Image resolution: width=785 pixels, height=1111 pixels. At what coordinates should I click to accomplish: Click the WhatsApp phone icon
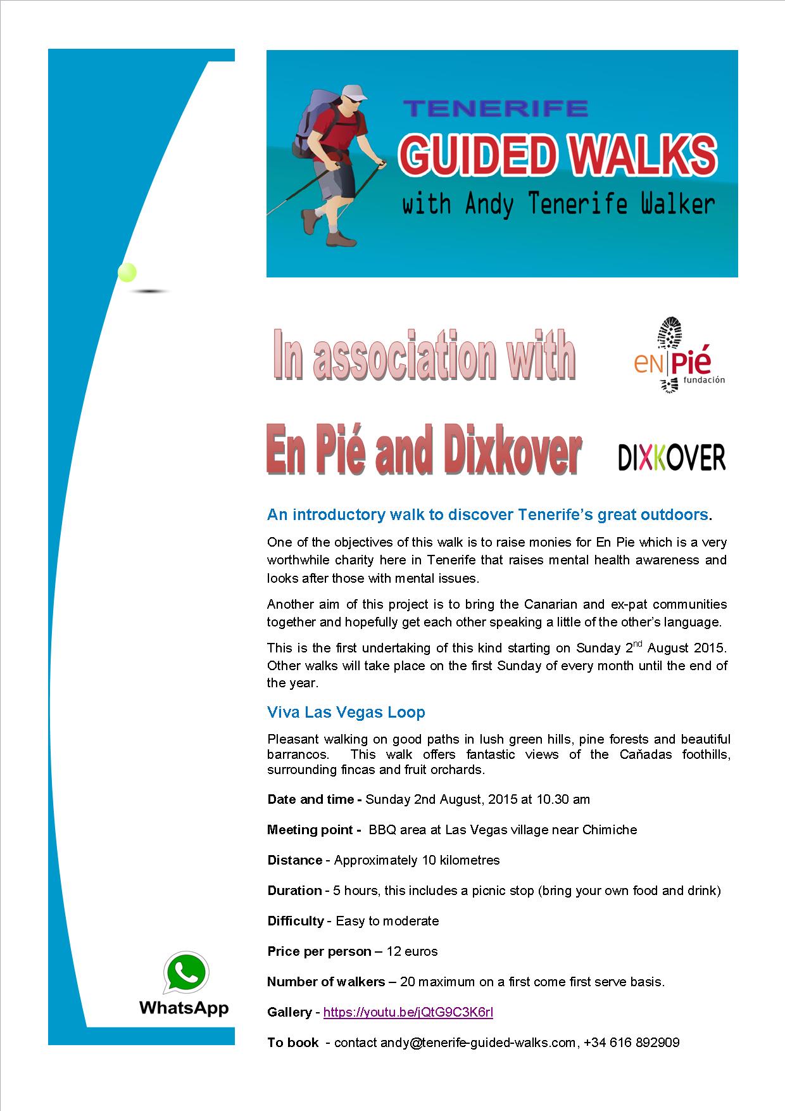(185, 974)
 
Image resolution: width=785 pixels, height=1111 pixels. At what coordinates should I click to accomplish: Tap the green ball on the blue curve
(127, 272)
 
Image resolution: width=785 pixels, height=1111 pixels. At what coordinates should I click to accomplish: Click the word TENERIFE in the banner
(496, 108)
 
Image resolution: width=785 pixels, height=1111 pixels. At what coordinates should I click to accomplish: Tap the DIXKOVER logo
(672, 457)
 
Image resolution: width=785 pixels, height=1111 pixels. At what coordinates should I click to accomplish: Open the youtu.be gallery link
(408, 1012)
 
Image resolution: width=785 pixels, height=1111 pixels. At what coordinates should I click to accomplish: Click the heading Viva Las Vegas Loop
(346, 712)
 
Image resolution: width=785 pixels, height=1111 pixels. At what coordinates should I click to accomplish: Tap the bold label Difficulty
(296, 921)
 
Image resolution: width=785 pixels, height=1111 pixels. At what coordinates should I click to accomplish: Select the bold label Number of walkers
(326, 982)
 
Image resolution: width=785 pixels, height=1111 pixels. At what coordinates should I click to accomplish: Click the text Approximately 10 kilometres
(417, 860)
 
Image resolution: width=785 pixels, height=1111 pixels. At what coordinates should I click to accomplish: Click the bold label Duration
(294, 891)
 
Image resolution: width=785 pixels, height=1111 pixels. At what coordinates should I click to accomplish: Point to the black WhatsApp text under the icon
(184, 1007)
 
